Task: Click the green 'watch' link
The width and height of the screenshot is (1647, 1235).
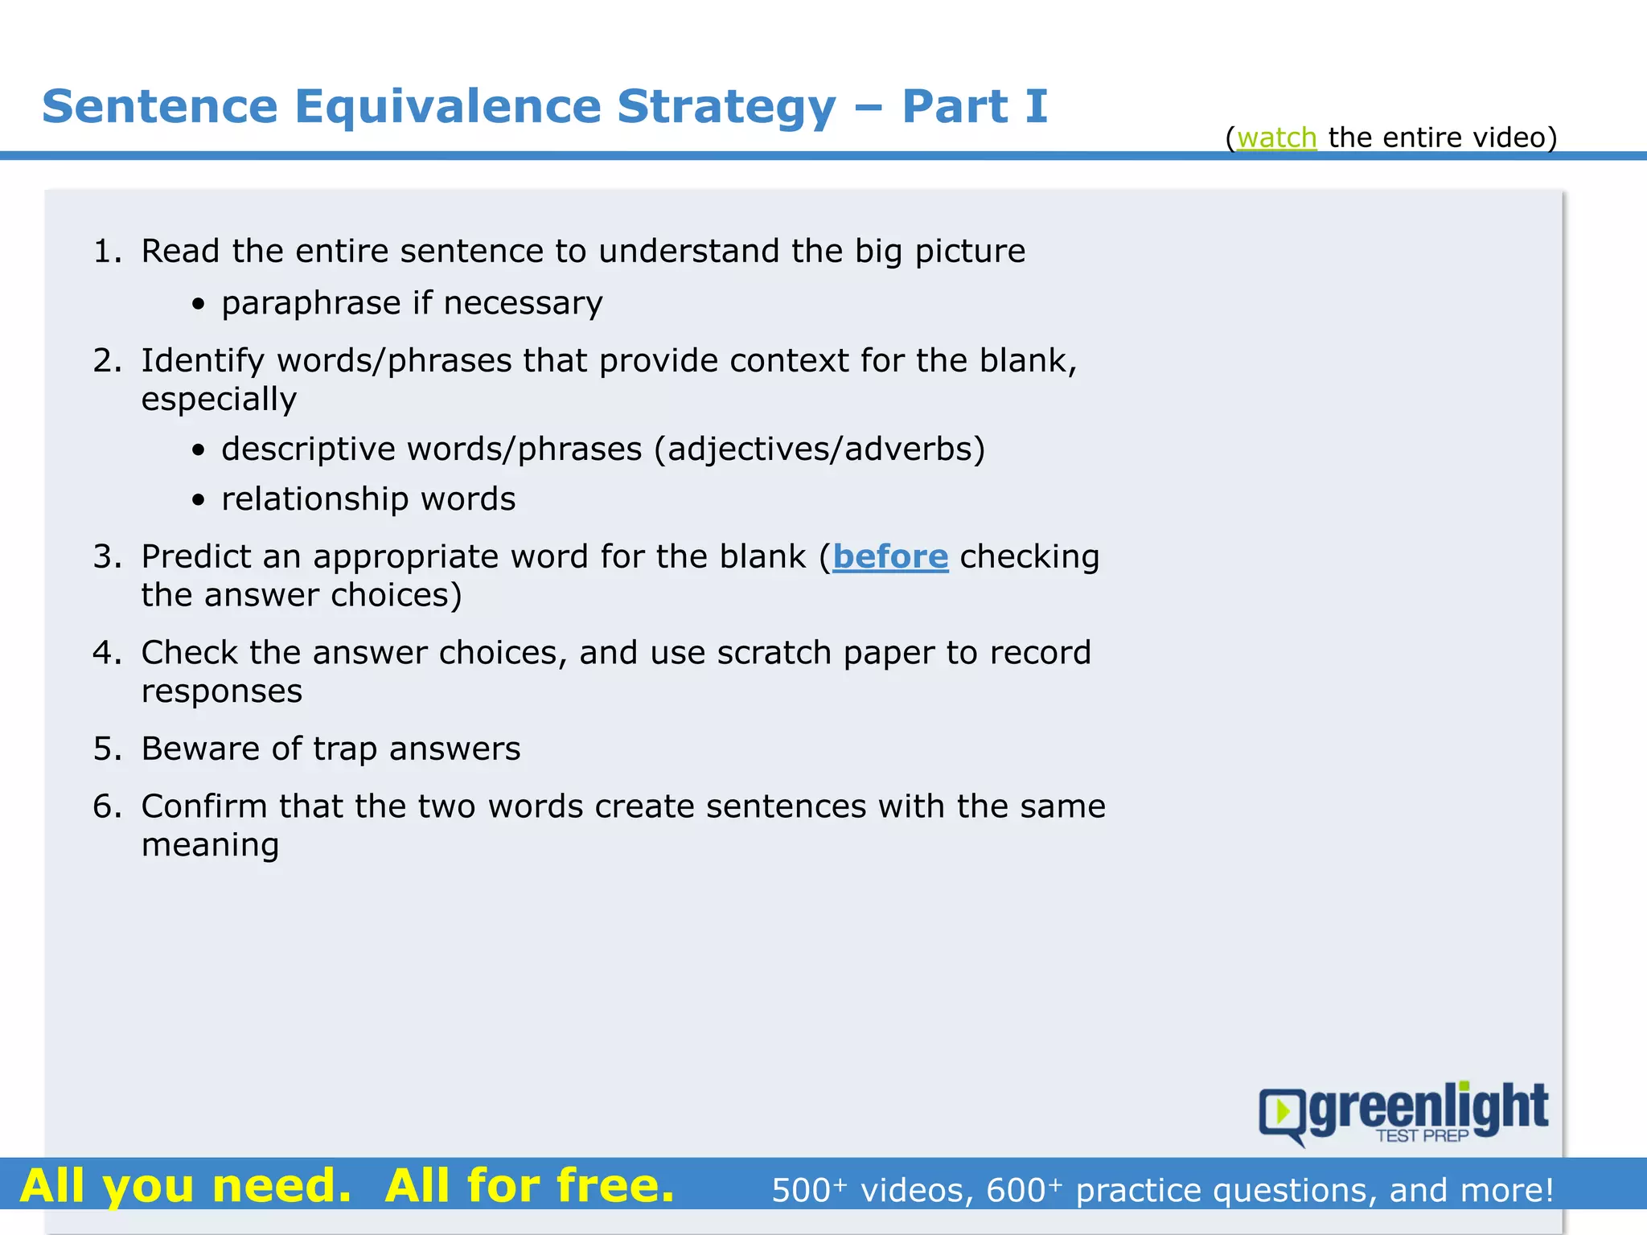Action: coord(1276,137)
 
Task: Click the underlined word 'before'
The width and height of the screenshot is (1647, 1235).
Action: coord(890,556)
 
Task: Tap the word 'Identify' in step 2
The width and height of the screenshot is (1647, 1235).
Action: coord(202,361)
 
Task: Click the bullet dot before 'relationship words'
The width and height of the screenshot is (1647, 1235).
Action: coord(199,500)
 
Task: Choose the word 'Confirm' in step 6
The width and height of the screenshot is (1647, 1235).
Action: coord(203,806)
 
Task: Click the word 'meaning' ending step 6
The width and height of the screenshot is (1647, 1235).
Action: coord(210,845)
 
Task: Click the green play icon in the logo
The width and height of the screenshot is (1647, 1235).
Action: coord(1282,1112)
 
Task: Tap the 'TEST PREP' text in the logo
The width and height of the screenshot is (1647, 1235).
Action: coord(1422,1136)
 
